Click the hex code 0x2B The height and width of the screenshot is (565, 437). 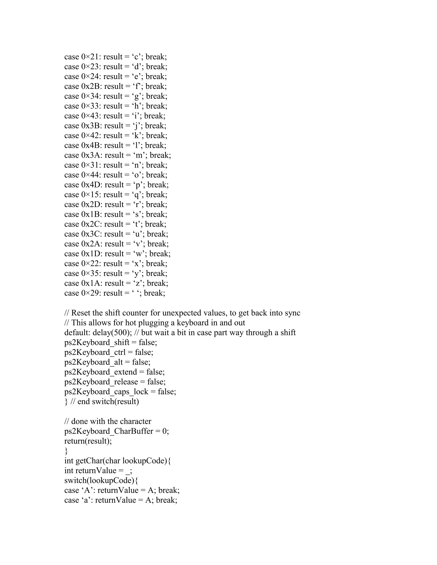point(90,86)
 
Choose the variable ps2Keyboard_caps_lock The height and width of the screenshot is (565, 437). point(106,392)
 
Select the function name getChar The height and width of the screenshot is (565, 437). point(87,461)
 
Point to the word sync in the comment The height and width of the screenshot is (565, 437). point(292,313)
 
